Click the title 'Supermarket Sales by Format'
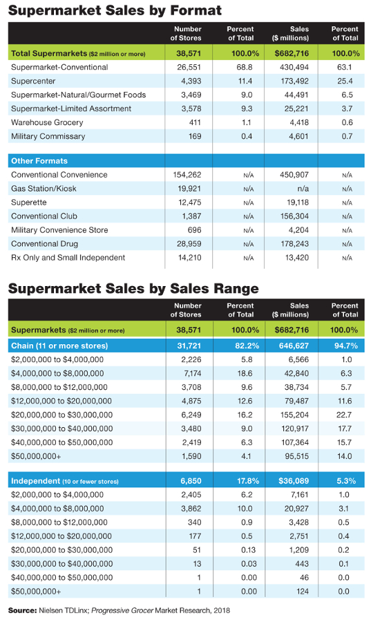[115, 10]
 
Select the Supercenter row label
[33, 81]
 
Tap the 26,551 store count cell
[189, 67]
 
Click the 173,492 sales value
[294, 81]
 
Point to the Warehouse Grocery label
[47, 122]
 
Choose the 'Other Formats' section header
[39, 160]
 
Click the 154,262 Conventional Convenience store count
[187, 175]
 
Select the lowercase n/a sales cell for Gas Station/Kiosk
[303, 189]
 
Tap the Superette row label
[29, 202]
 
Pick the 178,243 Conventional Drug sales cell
[295, 243]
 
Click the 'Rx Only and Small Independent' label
[68, 258]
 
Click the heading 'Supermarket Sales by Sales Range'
[133, 288]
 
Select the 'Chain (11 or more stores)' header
[59, 346]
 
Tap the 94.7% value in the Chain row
[346, 346]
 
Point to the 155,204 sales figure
[294, 415]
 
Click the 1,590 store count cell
[191, 456]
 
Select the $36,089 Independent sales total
[294, 481]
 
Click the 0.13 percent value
[247, 550]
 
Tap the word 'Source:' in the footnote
[22, 610]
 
